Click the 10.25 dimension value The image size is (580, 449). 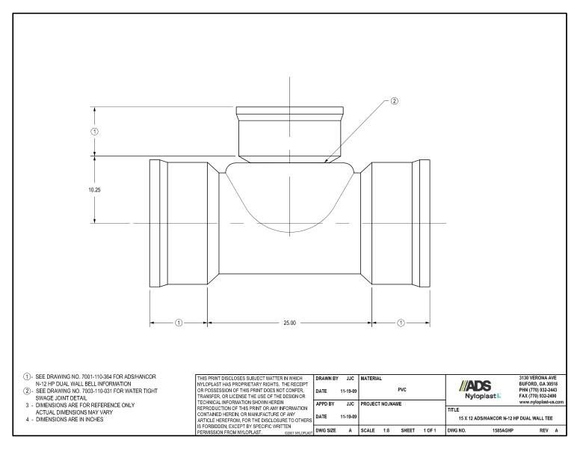coord(93,190)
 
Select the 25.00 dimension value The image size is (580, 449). coord(289,323)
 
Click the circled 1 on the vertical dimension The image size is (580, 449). coord(94,131)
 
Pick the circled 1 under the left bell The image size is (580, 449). coord(179,323)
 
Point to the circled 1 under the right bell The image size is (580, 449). coord(401,323)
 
